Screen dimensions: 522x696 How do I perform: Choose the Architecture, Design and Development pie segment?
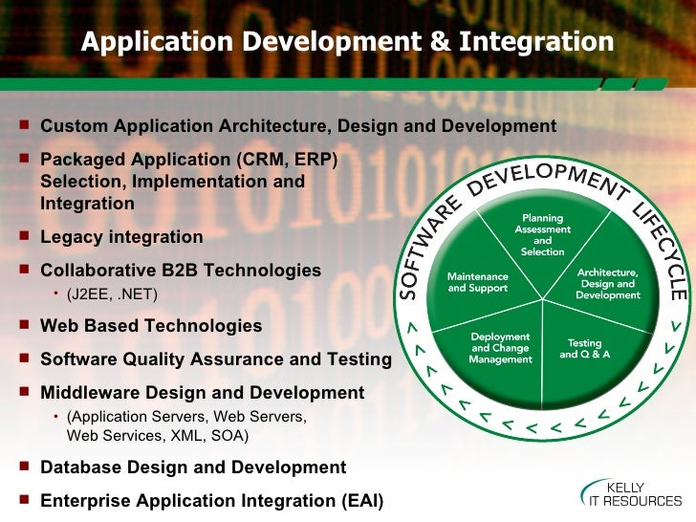[607, 283]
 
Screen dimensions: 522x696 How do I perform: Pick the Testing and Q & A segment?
[584, 347]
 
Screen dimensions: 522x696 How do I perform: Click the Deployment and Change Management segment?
[500, 347]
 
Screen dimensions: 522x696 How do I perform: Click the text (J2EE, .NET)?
[113, 294]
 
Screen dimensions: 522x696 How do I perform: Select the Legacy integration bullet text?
[121, 237]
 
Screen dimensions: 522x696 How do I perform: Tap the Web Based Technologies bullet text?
[150, 326]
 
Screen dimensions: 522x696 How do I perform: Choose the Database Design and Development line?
[193, 468]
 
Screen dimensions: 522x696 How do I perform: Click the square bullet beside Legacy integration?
[24, 237]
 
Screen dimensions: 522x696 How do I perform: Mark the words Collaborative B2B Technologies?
[181, 271]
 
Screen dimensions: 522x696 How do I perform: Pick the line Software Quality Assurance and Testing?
[215, 359]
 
